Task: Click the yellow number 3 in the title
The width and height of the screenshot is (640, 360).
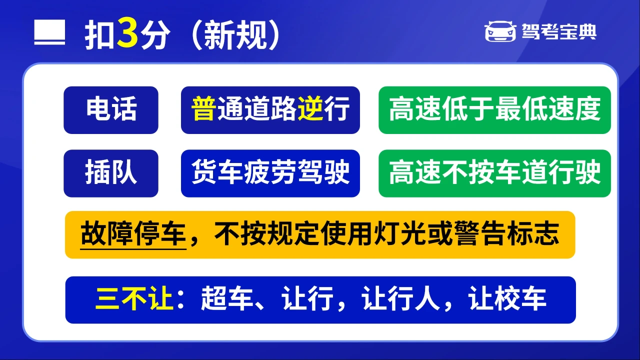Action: [127, 33]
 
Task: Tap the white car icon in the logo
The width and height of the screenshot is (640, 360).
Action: [500, 31]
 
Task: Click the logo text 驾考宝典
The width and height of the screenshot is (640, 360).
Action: [559, 31]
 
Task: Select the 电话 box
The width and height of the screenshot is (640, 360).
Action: [111, 110]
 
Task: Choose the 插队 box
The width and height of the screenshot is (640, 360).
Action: [111, 173]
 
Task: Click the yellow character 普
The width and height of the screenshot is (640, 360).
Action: [203, 108]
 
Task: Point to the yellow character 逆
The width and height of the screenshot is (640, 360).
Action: [310, 108]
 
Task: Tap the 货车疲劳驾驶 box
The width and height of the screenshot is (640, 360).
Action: [270, 173]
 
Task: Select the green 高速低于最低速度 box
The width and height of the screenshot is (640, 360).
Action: [494, 110]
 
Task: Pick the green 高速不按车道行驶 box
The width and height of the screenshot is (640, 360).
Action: [494, 173]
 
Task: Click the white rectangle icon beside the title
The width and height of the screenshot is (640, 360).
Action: [49, 32]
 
